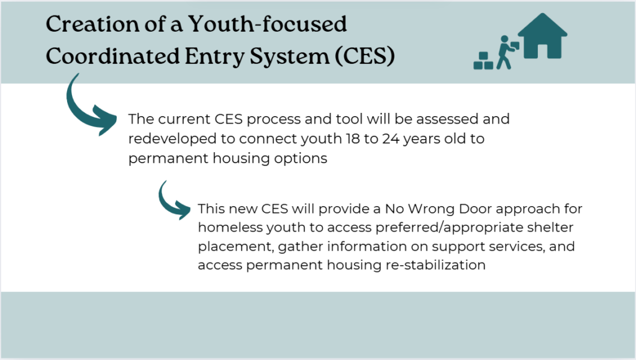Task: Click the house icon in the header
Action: (x=542, y=37)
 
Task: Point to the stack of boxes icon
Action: (x=483, y=61)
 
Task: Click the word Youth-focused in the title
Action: (x=267, y=24)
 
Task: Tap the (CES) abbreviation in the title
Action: (x=365, y=55)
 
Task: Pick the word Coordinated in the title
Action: (x=112, y=55)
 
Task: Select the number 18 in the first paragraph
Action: (x=353, y=138)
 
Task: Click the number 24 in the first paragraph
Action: (x=391, y=138)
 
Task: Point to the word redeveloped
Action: (x=173, y=139)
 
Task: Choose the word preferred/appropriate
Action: (x=450, y=228)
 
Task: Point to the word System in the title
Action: (x=289, y=56)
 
